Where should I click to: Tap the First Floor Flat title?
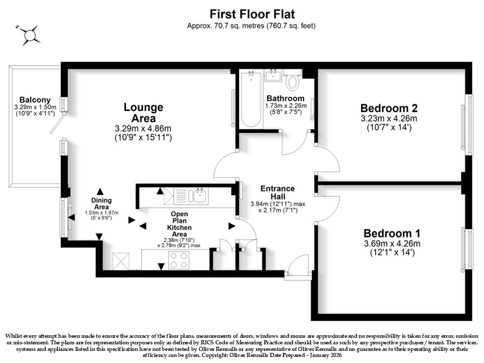[252, 14]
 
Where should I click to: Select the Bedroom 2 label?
[389, 108]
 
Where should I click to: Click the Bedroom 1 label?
[392, 233]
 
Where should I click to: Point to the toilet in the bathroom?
[292, 80]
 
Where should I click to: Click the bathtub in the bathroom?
[251, 99]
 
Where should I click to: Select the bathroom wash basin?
[273, 75]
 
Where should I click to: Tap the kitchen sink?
[198, 196]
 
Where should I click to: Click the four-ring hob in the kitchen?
[178, 260]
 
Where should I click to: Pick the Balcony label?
[35, 100]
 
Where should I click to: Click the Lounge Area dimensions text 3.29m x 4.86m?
[143, 128]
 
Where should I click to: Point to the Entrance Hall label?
[277, 192]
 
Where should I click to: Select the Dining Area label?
[101, 203]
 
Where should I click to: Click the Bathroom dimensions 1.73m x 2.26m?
[286, 105]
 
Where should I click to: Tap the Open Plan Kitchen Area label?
[179, 224]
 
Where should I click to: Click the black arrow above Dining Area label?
[100, 192]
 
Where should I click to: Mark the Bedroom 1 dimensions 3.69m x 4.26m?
[392, 244]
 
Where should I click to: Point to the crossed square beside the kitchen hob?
[120, 261]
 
